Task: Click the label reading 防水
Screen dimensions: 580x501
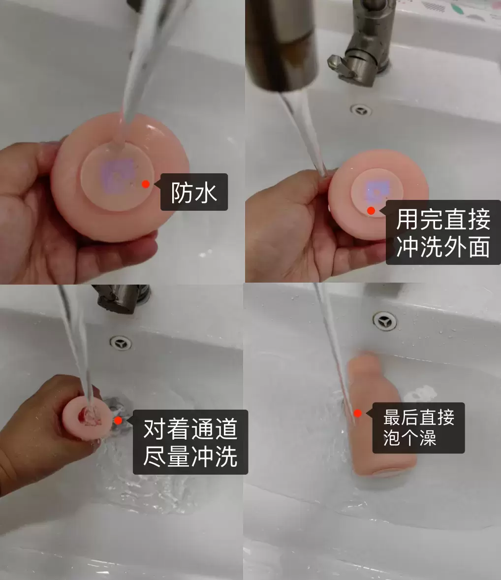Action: click(x=194, y=192)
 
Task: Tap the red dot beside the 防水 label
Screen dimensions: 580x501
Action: click(x=146, y=184)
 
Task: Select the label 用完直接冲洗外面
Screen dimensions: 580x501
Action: click(x=443, y=232)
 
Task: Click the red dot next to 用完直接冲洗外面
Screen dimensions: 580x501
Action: click(x=371, y=211)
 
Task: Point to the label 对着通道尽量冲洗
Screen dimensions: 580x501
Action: click(x=190, y=442)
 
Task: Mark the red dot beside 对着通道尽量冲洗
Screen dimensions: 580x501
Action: click(x=118, y=420)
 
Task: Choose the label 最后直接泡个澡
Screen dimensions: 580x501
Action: click(x=418, y=427)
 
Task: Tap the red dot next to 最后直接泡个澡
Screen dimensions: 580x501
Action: click(x=358, y=414)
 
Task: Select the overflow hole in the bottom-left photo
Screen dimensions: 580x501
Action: click(x=121, y=343)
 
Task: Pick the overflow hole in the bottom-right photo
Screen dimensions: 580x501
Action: click(x=384, y=321)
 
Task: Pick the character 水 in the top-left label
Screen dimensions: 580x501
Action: click(x=206, y=192)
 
